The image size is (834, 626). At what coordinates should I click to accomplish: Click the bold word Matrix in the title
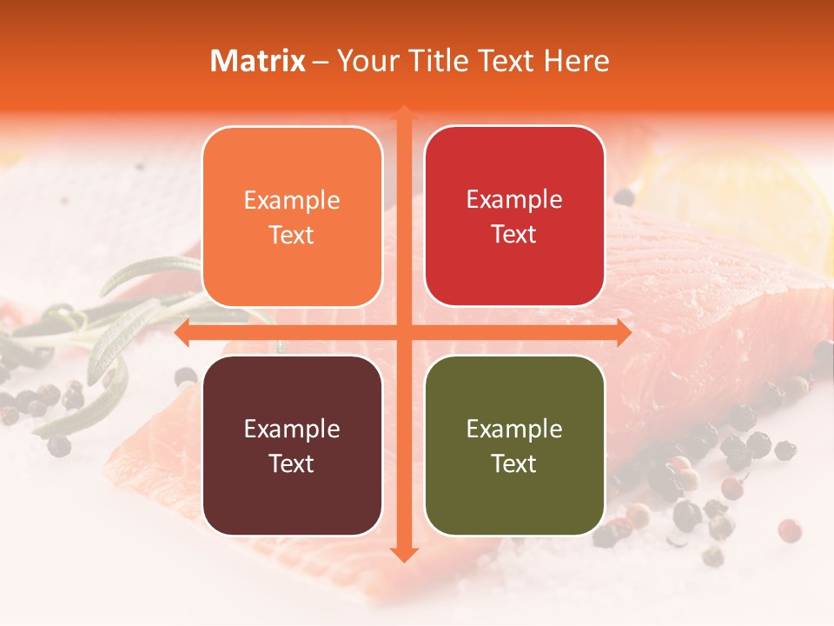(x=258, y=61)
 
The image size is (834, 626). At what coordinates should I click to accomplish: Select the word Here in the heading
(x=577, y=61)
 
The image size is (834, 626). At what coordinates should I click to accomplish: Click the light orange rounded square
(x=292, y=216)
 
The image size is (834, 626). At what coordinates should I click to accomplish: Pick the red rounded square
(x=514, y=216)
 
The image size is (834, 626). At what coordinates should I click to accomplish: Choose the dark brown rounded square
(x=292, y=445)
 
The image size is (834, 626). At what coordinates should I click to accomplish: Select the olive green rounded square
(x=514, y=445)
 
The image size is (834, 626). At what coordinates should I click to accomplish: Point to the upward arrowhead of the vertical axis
(x=403, y=113)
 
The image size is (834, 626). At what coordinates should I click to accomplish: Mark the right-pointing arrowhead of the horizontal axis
(x=622, y=332)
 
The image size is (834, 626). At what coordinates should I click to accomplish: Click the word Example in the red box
(x=514, y=200)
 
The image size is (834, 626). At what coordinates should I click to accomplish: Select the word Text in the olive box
(x=514, y=463)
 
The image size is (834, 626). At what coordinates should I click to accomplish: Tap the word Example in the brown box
(x=292, y=429)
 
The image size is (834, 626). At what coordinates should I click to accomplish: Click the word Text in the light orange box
(x=292, y=235)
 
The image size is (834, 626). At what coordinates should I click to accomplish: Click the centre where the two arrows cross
(x=403, y=332)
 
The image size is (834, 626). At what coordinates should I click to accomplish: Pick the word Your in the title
(x=365, y=61)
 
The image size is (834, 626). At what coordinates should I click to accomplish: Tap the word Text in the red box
(x=514, y=235)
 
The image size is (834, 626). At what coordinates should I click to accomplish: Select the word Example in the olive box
(x=514, y=429)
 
